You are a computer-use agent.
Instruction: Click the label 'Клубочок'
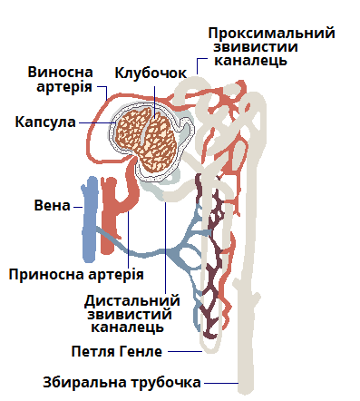[x=151, y=73]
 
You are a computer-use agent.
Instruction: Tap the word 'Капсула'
[x=45, y=121]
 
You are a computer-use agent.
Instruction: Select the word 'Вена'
[x=51, y=205]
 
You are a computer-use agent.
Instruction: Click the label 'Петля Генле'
[x=116, y=351]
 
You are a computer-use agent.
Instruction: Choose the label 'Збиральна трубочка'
[x=122, y=381]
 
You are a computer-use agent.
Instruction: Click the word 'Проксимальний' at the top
[x=271, y=33]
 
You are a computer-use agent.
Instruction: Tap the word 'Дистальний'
[x=131, y=300]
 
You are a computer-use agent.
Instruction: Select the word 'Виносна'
[x=60, y=71]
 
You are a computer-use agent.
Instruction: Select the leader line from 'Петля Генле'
[x=181, y=351]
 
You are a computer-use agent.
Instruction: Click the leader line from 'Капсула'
[x=95, y=121]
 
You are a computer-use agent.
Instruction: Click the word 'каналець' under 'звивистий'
[x=131, y=329]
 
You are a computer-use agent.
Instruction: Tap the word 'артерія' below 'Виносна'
[x=60, y=86]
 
